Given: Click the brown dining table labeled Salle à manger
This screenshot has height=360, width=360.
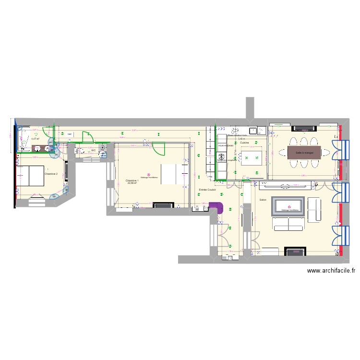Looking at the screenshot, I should point(304,153).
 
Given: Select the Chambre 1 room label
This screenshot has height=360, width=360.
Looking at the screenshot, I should point(132,180).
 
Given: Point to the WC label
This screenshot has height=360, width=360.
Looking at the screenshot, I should point(94,150).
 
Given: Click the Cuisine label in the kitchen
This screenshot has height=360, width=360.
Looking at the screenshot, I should point(244,143).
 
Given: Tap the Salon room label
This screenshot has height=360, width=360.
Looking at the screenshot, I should point(263,200).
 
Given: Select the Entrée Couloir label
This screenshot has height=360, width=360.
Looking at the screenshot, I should point(207,190).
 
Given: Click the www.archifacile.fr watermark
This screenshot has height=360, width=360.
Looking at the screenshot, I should point(331,271).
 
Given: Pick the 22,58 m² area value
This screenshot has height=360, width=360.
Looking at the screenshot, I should point(132,183).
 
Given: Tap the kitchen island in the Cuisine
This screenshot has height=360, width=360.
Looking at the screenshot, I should point(252,157).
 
